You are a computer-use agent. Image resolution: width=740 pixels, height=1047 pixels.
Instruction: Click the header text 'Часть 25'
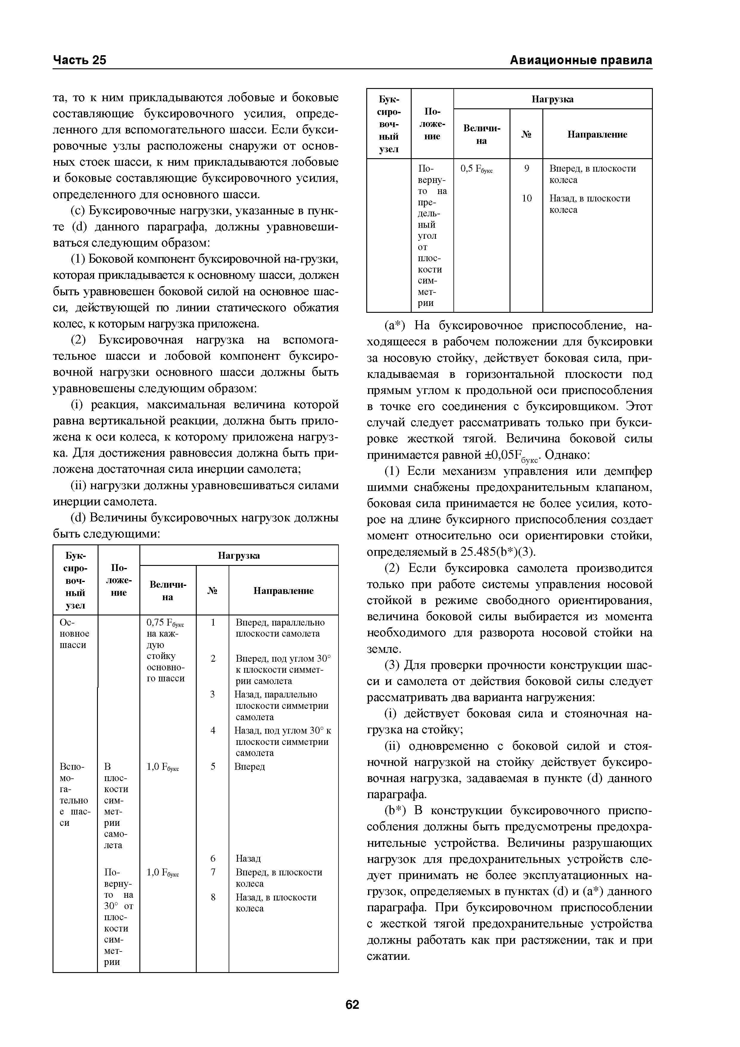tap(79, 60)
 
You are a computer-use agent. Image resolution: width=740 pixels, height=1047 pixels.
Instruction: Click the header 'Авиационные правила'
tap(580, 60)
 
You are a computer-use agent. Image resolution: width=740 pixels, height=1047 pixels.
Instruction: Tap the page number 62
tap(352, 1005)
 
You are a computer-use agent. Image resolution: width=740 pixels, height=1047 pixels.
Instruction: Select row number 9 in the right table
tap(526, 168)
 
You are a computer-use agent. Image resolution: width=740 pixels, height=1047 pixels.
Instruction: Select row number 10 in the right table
tap(526, 198)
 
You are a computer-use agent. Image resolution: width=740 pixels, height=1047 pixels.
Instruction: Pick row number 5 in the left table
tap(213, 766)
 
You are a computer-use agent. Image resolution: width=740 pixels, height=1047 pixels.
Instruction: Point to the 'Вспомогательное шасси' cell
tap(75, 795)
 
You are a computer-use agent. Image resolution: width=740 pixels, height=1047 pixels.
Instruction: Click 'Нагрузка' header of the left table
tap(239, 555)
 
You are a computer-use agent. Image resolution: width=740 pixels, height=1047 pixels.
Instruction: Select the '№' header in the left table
tap(213, 591)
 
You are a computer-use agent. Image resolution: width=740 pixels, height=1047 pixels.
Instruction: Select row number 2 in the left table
tap(213, 658)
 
